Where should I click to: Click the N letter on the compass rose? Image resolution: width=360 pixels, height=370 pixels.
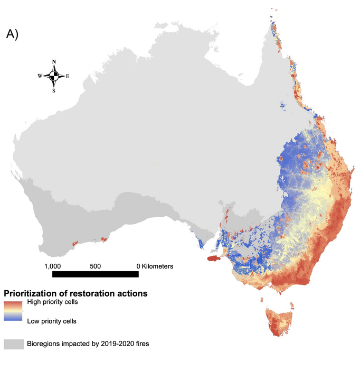54,62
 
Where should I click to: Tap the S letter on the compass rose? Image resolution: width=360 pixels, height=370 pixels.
54,90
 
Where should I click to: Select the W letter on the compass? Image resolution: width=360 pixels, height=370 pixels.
40,76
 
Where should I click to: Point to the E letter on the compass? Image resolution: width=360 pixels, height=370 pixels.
68,76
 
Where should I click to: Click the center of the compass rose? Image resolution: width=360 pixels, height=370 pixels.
54,76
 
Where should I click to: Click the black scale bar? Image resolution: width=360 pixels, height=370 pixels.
96,274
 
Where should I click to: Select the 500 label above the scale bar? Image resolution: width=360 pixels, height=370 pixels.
96,266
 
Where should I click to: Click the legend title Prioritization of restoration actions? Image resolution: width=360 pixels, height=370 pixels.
75,293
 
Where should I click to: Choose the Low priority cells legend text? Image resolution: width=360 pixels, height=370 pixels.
51,320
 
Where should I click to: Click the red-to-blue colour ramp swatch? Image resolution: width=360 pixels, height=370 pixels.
13,311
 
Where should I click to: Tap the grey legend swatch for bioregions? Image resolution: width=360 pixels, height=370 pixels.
13,344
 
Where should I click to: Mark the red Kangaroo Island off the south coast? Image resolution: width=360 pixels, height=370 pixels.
213,258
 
